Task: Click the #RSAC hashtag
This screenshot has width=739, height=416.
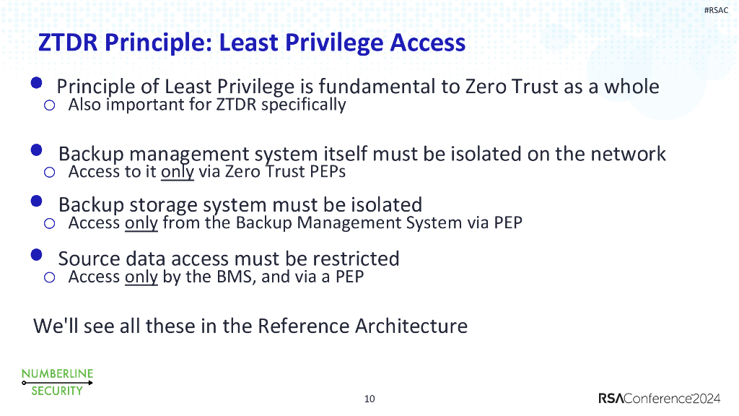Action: click(716, 9)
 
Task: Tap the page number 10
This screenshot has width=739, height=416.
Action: click(369, 399)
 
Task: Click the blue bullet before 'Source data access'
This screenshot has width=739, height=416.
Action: click(37, 255)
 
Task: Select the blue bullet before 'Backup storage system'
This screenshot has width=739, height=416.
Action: click(37, 201)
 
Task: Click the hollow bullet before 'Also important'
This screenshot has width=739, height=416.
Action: click(49, 106)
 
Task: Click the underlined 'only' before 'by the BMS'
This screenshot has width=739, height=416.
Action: click(141, 277)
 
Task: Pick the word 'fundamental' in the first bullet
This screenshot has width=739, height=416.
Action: click(375, 87)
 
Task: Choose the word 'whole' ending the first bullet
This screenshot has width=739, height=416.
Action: click(631, 87)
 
